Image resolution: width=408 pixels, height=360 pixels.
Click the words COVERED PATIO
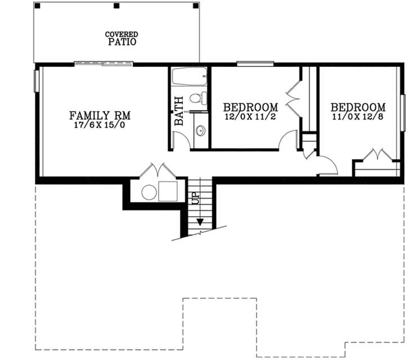tap(121, 38)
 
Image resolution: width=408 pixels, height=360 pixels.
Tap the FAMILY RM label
tap(100, 116)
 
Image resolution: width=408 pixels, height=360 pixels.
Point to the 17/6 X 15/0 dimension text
tap(100, 126)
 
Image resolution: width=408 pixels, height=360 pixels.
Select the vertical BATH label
tap(179, 110)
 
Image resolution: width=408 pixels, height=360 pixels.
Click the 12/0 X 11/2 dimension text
tap(250, 116)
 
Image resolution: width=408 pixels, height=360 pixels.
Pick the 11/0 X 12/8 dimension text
tap(358, 116)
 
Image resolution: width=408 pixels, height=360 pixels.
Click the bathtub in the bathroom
tap(189, 76)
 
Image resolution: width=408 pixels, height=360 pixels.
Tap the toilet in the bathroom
tap(196, 98)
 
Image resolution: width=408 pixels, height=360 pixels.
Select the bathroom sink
tap(200, 131)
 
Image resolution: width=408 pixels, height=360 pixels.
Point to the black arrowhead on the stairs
tap(200, 221)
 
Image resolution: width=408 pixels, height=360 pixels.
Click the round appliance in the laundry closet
tap(149, 192)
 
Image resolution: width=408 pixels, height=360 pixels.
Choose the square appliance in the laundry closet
tap(168, 192)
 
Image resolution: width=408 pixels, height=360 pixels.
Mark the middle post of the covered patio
tap(116, 6)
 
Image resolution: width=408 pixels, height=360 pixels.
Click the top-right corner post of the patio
tap(195, 6)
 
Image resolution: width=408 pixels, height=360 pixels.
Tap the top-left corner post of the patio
tap(37, 6)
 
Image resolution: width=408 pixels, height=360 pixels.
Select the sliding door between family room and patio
tap(104, 65)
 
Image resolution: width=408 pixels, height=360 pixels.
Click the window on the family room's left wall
tap(37, 80)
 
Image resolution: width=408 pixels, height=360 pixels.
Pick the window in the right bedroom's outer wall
tap(403, 113)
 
